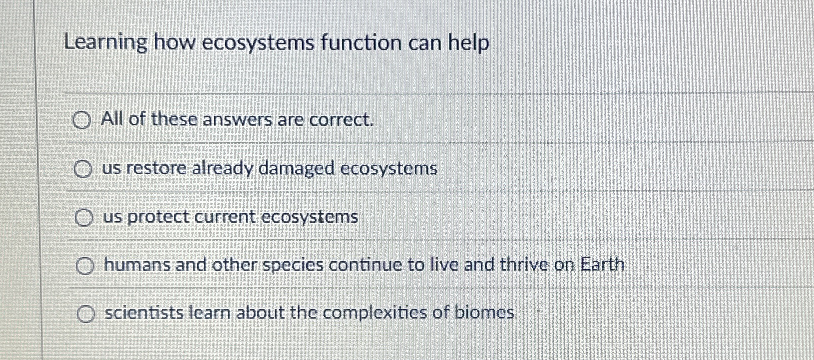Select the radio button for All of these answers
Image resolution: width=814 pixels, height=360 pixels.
pyautogui.click(x=81, y=120)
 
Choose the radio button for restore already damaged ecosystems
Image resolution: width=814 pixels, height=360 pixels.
pyautogui.click(x=83, y=169)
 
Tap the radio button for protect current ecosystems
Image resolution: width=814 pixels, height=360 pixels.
pyautogui.click(x=84, y=218)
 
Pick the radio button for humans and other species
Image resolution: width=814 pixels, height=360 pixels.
pyautogui.click(x=85, y=266)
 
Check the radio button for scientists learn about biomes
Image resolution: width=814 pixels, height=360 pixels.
pyautogui.click(x=86, y=314)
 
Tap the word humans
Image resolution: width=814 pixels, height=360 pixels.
pyautogui.click(x=137, y=265)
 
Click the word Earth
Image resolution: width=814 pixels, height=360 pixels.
pyautogui.click(x=602, y=264)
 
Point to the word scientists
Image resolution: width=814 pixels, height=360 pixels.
pyautogui.click(x=144, y=313)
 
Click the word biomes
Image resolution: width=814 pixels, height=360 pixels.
pyautogui.click(x=484, y=313)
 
